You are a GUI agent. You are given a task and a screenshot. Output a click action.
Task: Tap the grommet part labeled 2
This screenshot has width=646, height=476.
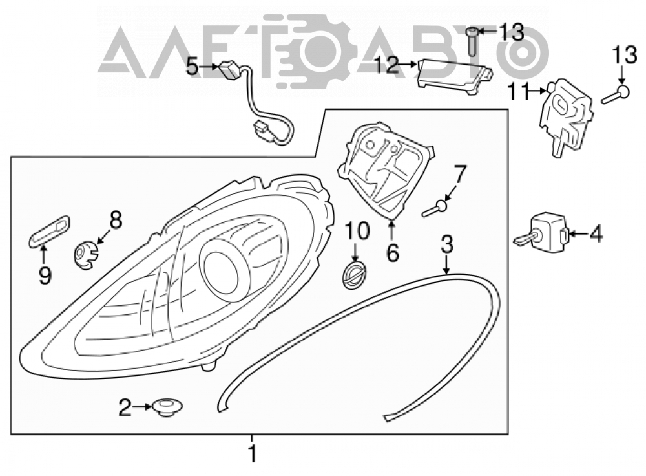coord(167,407)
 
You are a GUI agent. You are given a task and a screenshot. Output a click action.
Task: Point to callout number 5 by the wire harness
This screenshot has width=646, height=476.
coord(193,66)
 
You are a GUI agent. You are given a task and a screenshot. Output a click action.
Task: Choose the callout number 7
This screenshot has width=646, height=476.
coord(460,175)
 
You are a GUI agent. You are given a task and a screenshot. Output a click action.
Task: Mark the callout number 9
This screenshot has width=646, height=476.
coord(45,275)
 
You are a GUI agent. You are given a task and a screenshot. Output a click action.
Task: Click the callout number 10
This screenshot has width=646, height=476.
coord(357,231)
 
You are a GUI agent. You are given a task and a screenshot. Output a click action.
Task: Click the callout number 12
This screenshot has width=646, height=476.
coord(387,65)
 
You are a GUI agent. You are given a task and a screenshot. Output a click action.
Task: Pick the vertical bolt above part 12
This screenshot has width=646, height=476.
coord(472,41)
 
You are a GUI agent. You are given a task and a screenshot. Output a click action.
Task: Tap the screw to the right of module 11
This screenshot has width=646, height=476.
coord(616,95)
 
